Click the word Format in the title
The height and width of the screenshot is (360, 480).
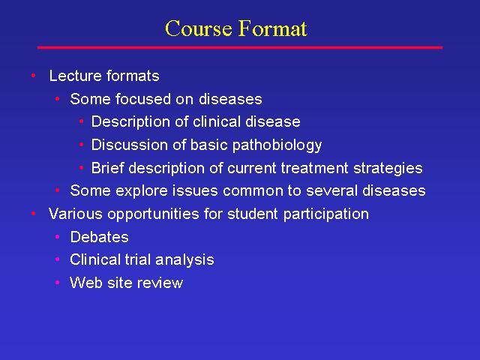273,28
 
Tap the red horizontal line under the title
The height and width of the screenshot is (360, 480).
240,48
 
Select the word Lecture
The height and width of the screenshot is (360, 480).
75,76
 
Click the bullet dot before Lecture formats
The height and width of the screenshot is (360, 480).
33,76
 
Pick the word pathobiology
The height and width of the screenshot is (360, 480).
277,145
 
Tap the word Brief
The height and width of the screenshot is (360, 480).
107,168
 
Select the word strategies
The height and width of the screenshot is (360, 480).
388,169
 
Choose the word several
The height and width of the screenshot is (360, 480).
331,190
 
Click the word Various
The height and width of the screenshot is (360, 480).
75,214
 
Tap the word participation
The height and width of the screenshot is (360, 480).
326,214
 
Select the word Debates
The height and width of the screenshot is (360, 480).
100,237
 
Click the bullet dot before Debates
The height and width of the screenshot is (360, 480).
57,237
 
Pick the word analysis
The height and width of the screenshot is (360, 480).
184,260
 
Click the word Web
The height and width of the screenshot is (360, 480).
86,283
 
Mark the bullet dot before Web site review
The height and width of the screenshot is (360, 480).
57,282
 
